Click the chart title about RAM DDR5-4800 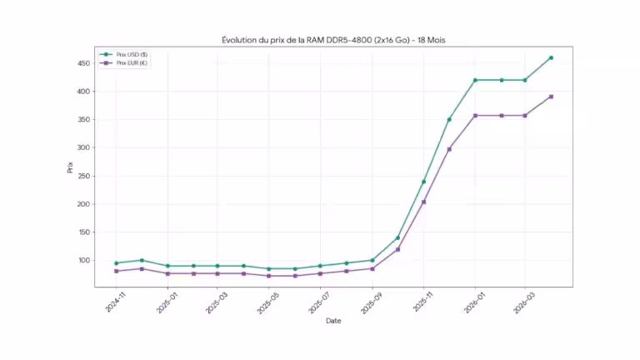(x=333, y=40)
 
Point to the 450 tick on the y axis (x=84, y=63)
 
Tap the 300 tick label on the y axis (x=84, y=147)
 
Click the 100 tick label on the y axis (x=84, y=260)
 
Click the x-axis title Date (x=333, y=320)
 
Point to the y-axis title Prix (x=70, y=167)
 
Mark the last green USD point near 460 (x=551, y=57)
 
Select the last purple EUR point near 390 (x=551, y=97)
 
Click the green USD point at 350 (x=449, y=119)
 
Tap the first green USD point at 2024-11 (x=116, y=263)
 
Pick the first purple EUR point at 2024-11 (x=116, y=271)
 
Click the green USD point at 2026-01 (x=475, y=80)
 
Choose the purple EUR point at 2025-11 (x=423, y=202)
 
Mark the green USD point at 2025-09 (x=372, y=260)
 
